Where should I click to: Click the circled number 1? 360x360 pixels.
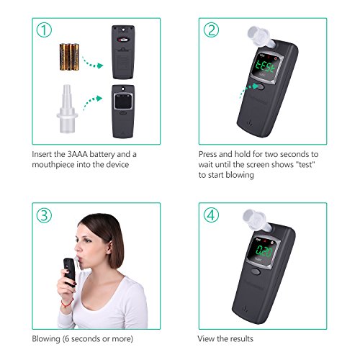click(44, 30)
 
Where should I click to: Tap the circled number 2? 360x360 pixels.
click(211, 30)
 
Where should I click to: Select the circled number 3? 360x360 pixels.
click(44, 215)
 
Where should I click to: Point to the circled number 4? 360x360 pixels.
click(211, 215)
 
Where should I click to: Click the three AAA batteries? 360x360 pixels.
click(69, 57)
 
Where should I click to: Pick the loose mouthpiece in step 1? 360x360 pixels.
click(67, 109)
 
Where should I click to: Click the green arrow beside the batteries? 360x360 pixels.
click(92, 63)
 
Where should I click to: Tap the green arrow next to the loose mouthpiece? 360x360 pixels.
click(92, 102)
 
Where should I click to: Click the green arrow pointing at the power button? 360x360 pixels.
click(248, 91)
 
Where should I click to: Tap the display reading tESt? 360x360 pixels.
click(265, 66)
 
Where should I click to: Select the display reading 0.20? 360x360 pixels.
click(264, 251)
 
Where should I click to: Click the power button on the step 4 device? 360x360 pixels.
click(256, 271)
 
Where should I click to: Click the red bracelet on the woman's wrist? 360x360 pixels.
click(67, 303)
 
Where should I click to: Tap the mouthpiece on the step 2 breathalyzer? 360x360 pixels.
click(261, 37)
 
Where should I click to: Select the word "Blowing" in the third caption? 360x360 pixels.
click(46, 339)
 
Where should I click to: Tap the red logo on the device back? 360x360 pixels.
click(123, 40)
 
